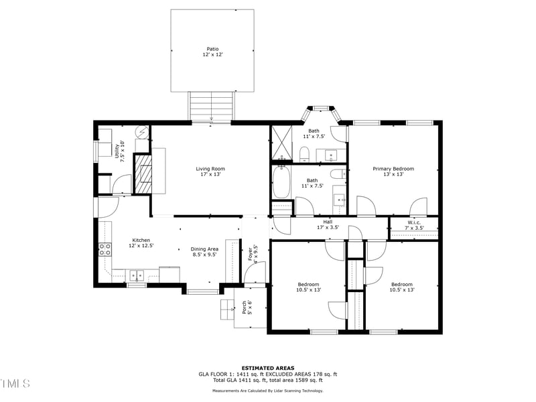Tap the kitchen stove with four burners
coord(105,250)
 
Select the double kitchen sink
coord(137,275)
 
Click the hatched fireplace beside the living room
coord(143,173)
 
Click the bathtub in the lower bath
coord(281,182)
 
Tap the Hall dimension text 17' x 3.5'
coord(328,228)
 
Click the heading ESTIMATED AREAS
coord(267,368)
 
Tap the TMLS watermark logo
coord(15,383)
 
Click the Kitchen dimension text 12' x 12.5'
coord(141,246)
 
